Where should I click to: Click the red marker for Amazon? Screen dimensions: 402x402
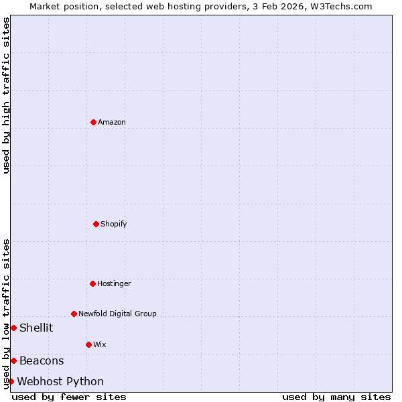(93, 122)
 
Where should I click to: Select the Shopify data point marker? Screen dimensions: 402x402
(96, 224)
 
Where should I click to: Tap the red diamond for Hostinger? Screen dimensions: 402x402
(92, 283)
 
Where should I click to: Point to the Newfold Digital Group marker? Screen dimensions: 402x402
(74, 314)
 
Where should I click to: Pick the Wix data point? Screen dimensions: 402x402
(88, 344)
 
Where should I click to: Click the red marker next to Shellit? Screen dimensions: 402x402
(13, 328)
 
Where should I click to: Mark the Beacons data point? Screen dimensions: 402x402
(13, 360)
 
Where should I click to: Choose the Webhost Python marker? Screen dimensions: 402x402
(11, 381)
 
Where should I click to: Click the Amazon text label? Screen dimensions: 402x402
(112, 122)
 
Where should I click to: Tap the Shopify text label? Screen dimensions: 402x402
(114, 224)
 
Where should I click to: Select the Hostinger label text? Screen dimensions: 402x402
(114, 283)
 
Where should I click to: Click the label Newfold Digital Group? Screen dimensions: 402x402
(117, 314)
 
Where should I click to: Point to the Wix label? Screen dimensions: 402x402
(99, 344)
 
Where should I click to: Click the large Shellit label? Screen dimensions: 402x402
(36, 328)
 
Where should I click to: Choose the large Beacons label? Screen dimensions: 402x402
(42, 360)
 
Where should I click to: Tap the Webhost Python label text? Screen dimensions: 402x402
(60, 381)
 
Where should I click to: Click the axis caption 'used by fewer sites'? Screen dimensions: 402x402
(69, 397)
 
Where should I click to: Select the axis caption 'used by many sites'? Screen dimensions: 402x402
(336, 397)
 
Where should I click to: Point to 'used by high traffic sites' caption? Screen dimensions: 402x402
(6, 95)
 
